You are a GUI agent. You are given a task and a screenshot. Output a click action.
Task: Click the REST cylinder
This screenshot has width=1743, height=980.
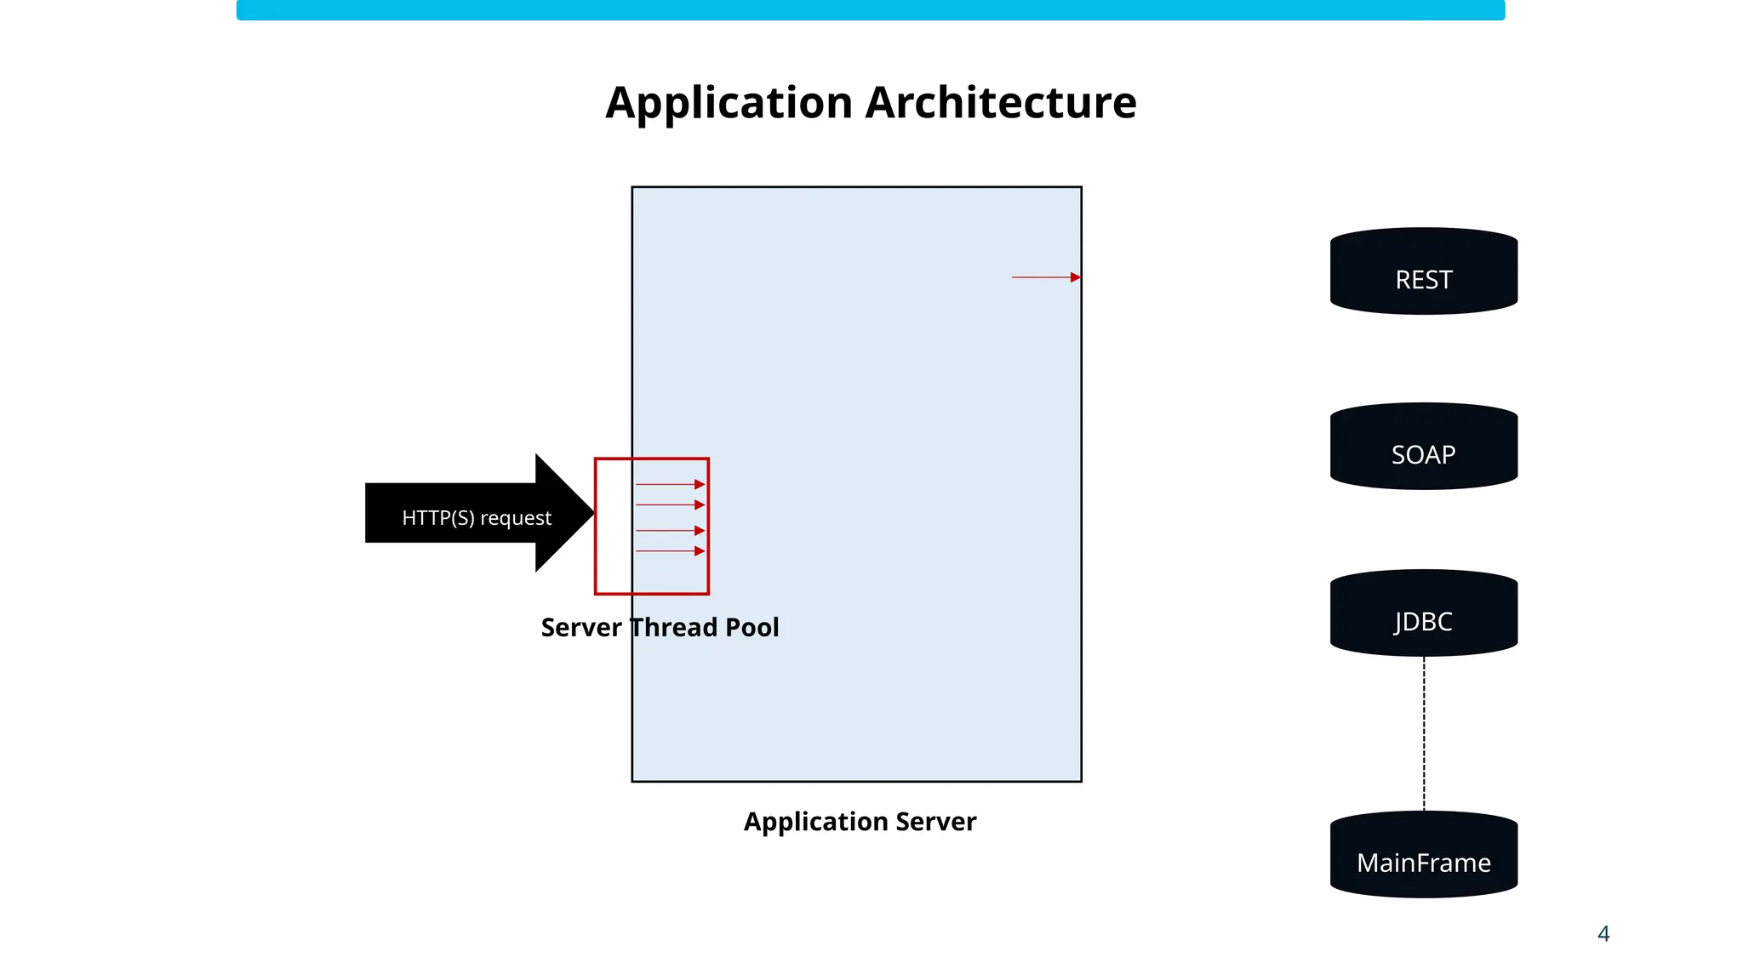(x=1423, y=272)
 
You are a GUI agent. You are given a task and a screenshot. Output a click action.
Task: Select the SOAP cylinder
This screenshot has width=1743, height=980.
(x=1423, y=447)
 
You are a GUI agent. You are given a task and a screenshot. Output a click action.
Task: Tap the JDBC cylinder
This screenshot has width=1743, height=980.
(x=1423, y=614)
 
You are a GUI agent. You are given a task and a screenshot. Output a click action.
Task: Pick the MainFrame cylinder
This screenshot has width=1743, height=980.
(x=1423, y=856)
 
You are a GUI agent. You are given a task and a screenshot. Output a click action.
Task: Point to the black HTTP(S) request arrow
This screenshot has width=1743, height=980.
(x=460, y=513)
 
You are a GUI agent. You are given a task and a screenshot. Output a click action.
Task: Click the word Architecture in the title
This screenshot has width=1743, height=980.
(x=1001, y=103)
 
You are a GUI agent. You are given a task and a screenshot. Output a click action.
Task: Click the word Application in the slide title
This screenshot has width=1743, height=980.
(x=729, y=103)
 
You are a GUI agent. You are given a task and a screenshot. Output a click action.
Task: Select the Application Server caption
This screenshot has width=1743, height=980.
(x=860, y=822)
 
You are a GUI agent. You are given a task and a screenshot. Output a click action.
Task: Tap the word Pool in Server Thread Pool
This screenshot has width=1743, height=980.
(x=752, y=628)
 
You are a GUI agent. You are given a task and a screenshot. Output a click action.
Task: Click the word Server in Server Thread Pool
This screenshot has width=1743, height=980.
(x=581, y=628)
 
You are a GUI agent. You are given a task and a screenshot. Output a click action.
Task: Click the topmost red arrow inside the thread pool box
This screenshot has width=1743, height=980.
(x=670, y=485)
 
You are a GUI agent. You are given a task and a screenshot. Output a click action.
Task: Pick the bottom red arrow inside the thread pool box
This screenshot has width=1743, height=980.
(x=670, y=551)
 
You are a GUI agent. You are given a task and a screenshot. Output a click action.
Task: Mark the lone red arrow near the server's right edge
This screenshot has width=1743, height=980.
(x=1045, y=277)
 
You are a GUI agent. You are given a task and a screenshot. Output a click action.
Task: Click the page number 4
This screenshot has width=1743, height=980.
(x=1603, y=934)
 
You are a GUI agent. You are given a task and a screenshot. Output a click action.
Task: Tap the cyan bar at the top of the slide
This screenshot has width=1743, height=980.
(x=870, y=10)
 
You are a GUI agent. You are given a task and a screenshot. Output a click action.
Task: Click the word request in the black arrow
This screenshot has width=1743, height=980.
(x=516, y=518)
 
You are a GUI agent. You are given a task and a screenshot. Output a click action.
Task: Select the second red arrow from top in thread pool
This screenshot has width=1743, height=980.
(x=670, y=505)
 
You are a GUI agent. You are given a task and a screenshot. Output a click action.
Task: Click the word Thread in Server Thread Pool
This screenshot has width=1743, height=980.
(x=674, y=628)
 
